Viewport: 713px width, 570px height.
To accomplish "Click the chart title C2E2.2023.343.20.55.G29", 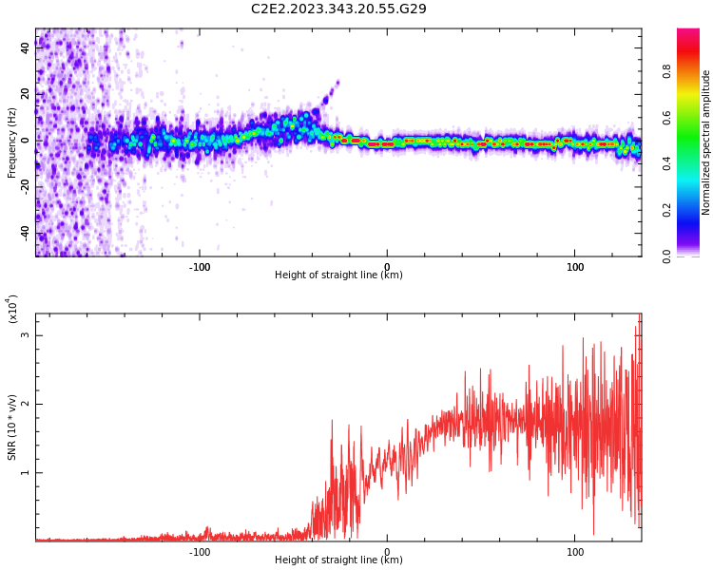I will (338, 9).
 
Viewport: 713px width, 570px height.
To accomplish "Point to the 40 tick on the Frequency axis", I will (26, 47).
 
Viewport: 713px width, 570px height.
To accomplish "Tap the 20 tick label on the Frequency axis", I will (26, 93).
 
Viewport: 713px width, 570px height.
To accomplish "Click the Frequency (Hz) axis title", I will (12, 142).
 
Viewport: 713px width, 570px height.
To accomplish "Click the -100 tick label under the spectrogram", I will (200, 267).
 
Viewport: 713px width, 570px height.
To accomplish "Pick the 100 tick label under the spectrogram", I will (575, 267).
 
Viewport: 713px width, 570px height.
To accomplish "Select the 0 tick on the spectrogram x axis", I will (387, 267).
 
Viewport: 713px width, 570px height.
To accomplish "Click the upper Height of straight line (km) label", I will (338, 275).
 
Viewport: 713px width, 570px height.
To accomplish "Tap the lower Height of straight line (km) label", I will (338, 560).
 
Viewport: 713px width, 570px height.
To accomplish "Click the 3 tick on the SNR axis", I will (26, 335).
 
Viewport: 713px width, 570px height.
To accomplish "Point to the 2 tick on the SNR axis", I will (26, 404).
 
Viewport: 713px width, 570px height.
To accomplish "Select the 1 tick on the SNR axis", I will (26, 472).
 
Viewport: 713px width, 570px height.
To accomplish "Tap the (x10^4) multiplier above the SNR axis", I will (13, 309).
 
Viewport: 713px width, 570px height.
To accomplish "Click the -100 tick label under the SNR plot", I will (200, 551).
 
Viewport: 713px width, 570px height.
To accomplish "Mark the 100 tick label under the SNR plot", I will (575, 551).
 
